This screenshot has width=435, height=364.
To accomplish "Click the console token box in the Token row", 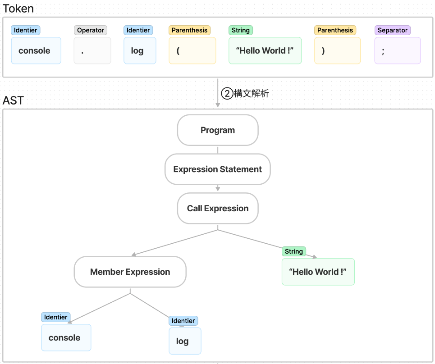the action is (36, 50).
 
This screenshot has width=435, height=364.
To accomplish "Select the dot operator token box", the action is (92, 50).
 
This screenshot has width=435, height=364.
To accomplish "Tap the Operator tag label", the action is (91, 30).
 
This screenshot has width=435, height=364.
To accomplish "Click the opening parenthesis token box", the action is (192, 50).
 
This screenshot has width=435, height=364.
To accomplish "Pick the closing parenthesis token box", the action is (337, 50).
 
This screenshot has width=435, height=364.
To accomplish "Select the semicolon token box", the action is (398, 50).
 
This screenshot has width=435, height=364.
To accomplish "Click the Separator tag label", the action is (393, 30).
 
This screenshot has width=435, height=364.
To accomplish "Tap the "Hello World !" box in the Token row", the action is (265, 50).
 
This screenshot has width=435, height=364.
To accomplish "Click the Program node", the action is (218, 130).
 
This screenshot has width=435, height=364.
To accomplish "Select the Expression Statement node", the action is (217, 169).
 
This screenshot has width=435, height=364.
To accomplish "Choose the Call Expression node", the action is (218, 208).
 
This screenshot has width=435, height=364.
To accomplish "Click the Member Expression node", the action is (130, 272).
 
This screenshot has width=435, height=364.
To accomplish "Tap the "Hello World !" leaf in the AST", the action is (318, 272).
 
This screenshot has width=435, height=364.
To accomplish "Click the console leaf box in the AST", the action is (66, 337).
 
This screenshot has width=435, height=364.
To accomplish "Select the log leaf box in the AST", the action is (185, 341).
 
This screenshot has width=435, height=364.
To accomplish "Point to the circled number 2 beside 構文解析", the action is (227, 93).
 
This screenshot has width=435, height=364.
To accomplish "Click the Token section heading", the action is (18, 9).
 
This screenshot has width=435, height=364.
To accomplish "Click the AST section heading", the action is (13, 100).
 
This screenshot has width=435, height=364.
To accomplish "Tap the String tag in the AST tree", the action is (294, 251).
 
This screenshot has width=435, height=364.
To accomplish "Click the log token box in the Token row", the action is (140, 50).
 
